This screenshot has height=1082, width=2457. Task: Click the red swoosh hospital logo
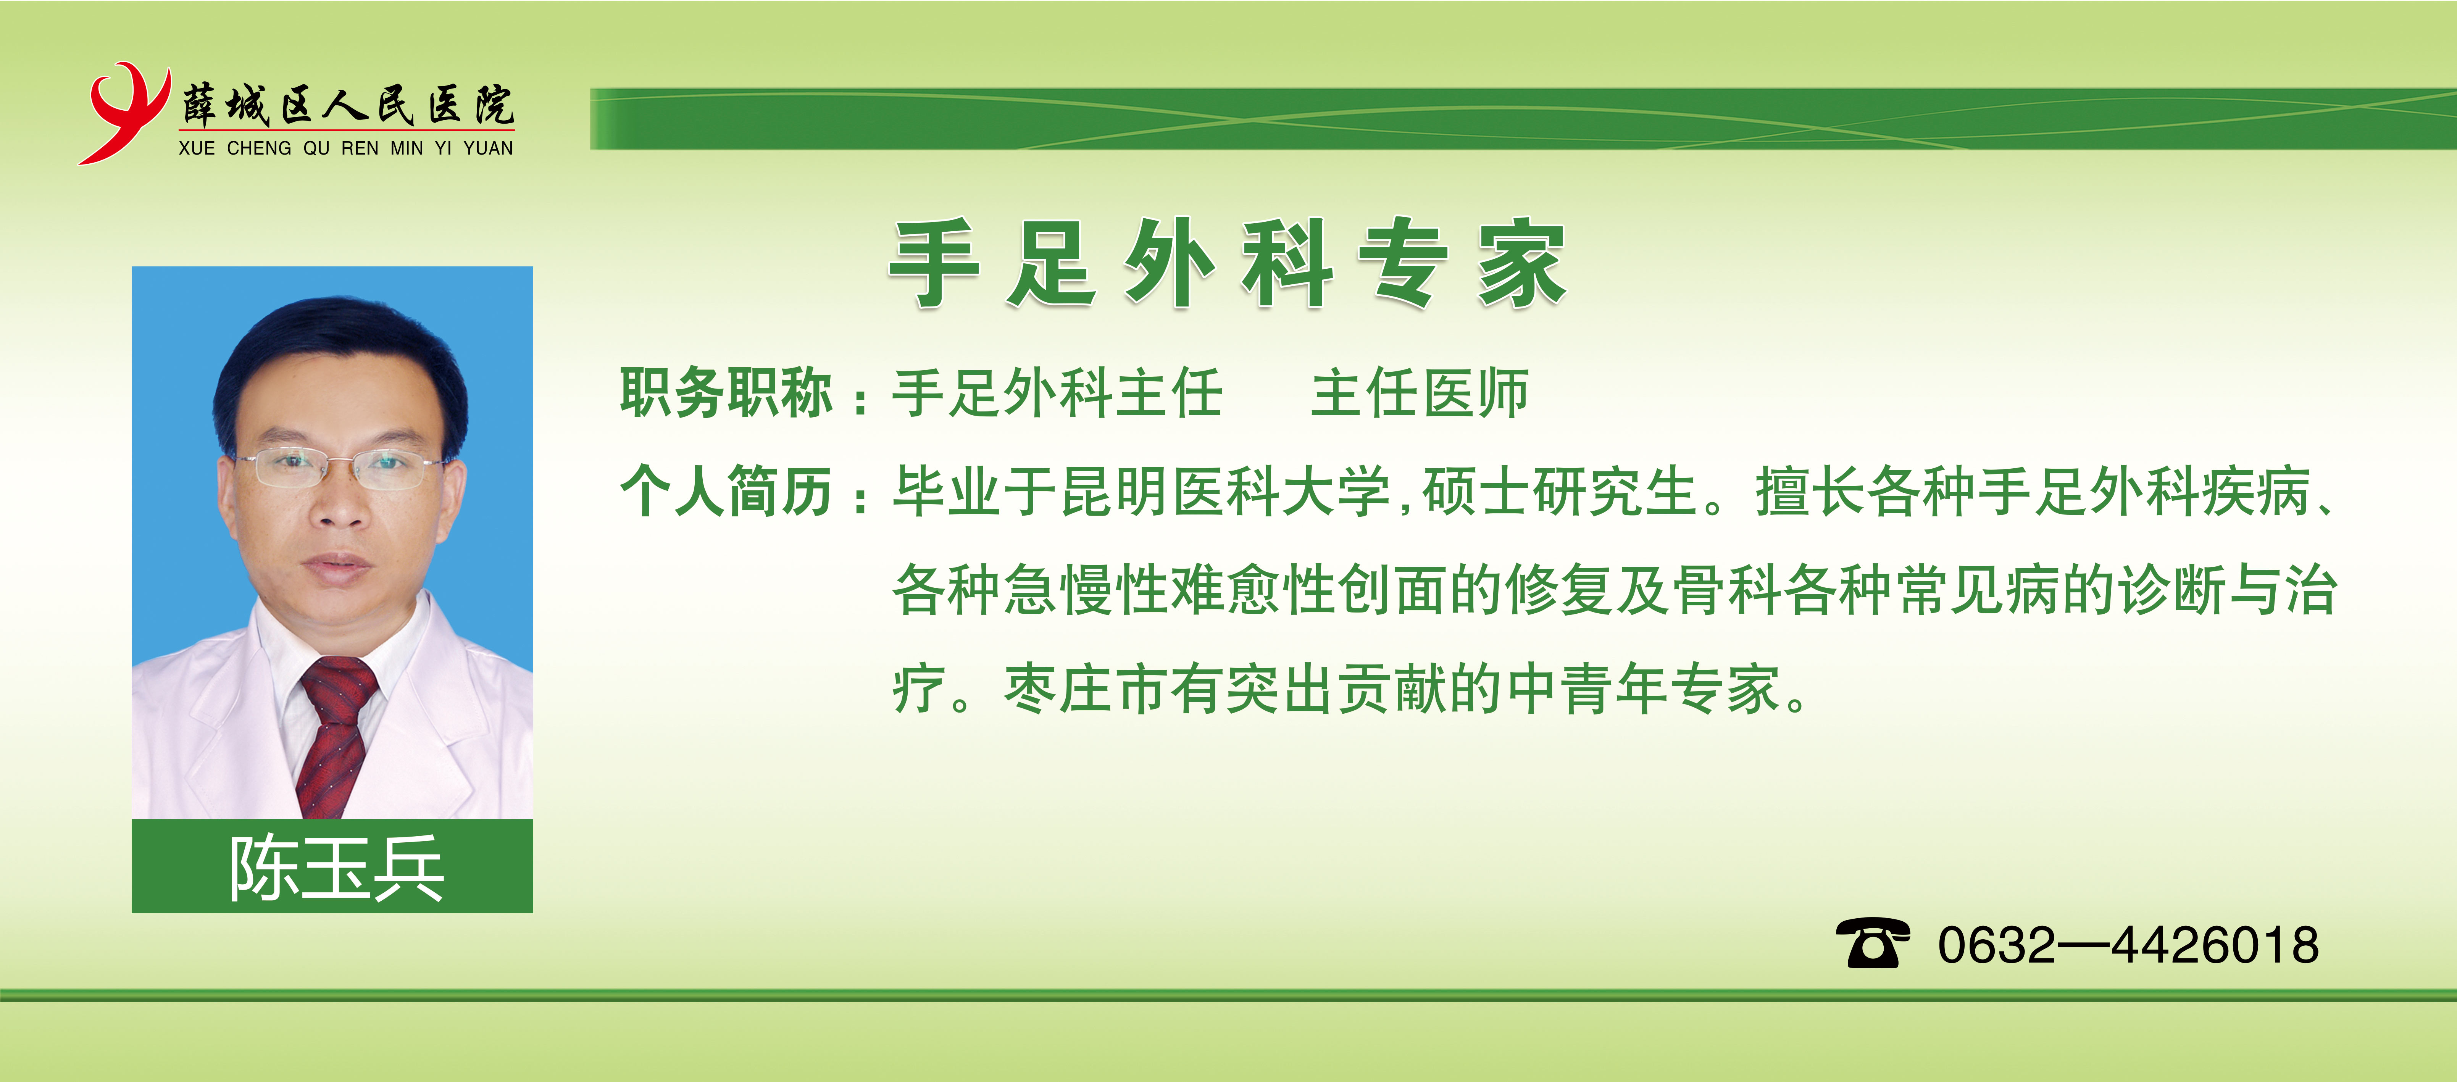pos(122,113)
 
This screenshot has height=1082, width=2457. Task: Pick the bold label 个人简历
pos(727,491)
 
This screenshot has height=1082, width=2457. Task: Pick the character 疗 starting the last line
pos(918,688)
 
